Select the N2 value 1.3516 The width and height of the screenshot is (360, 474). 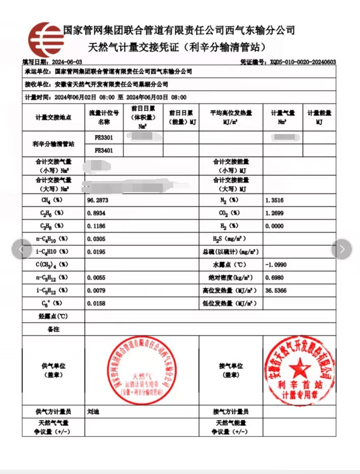pyautogui.click(x=275, y=200)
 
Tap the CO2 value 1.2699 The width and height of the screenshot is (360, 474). pyautogui.click(x=275, y=213)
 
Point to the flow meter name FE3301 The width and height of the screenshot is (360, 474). pyautogui.click(x=103, y=138)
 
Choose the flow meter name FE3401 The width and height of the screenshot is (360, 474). pyautogui.click(x=103, y=150)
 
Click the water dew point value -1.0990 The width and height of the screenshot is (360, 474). pyautogui.click(x=276, y=265)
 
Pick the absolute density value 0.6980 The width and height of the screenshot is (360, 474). pyautogui.click(x=275, y=277)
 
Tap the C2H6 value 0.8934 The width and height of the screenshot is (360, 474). pyautogui.click(x=97, y=213)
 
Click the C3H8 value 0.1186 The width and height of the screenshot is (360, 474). pyautogui.click(x=97, y=226)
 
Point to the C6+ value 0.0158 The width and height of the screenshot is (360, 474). pyautogui.click(x=97, y=303)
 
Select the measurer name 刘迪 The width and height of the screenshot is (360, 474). pyautogui.click(x=93, y=411)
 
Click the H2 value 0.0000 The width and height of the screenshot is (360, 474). pyautogui.click(x=275, y=226)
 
